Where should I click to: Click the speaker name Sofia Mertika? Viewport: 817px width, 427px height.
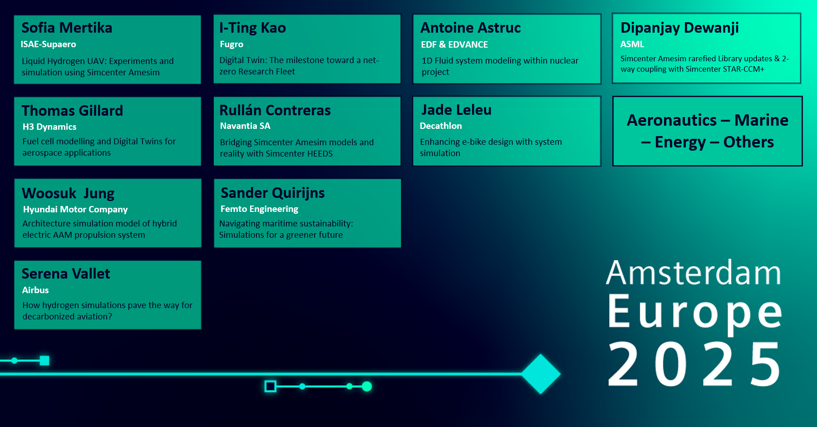pos(67,28)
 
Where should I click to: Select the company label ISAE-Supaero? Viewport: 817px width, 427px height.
pos(48,44)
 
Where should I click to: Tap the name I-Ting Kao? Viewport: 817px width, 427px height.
pos(252,28)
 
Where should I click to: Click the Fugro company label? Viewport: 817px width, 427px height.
pos(231,44)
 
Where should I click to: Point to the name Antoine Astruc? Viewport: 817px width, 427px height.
pos(470,28)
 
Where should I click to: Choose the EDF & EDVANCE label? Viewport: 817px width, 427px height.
pos(454,44)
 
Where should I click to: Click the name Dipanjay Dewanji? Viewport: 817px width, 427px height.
pos(679,28)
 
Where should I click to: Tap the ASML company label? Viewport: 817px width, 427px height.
pos(632,44)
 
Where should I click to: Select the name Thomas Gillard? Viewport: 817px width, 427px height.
pos(72,111)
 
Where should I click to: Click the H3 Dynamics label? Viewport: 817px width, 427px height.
pos(49,127)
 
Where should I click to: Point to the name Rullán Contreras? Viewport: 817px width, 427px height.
pos(275,110)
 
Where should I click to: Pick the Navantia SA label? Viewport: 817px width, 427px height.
pos(245,126)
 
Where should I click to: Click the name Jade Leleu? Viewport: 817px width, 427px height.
pos(456,110)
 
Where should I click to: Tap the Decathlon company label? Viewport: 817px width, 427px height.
pos(441,126)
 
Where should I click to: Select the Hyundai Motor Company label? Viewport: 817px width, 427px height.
pos(75,210)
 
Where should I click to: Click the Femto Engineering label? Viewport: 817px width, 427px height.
pos(259,209)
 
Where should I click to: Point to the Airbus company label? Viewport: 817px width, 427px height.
pos(35,290)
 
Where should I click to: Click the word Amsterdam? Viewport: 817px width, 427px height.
pos(693,273)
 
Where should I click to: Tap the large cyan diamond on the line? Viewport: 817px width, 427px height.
pos(541,374)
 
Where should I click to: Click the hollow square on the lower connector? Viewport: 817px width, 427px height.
pos(271,386)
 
